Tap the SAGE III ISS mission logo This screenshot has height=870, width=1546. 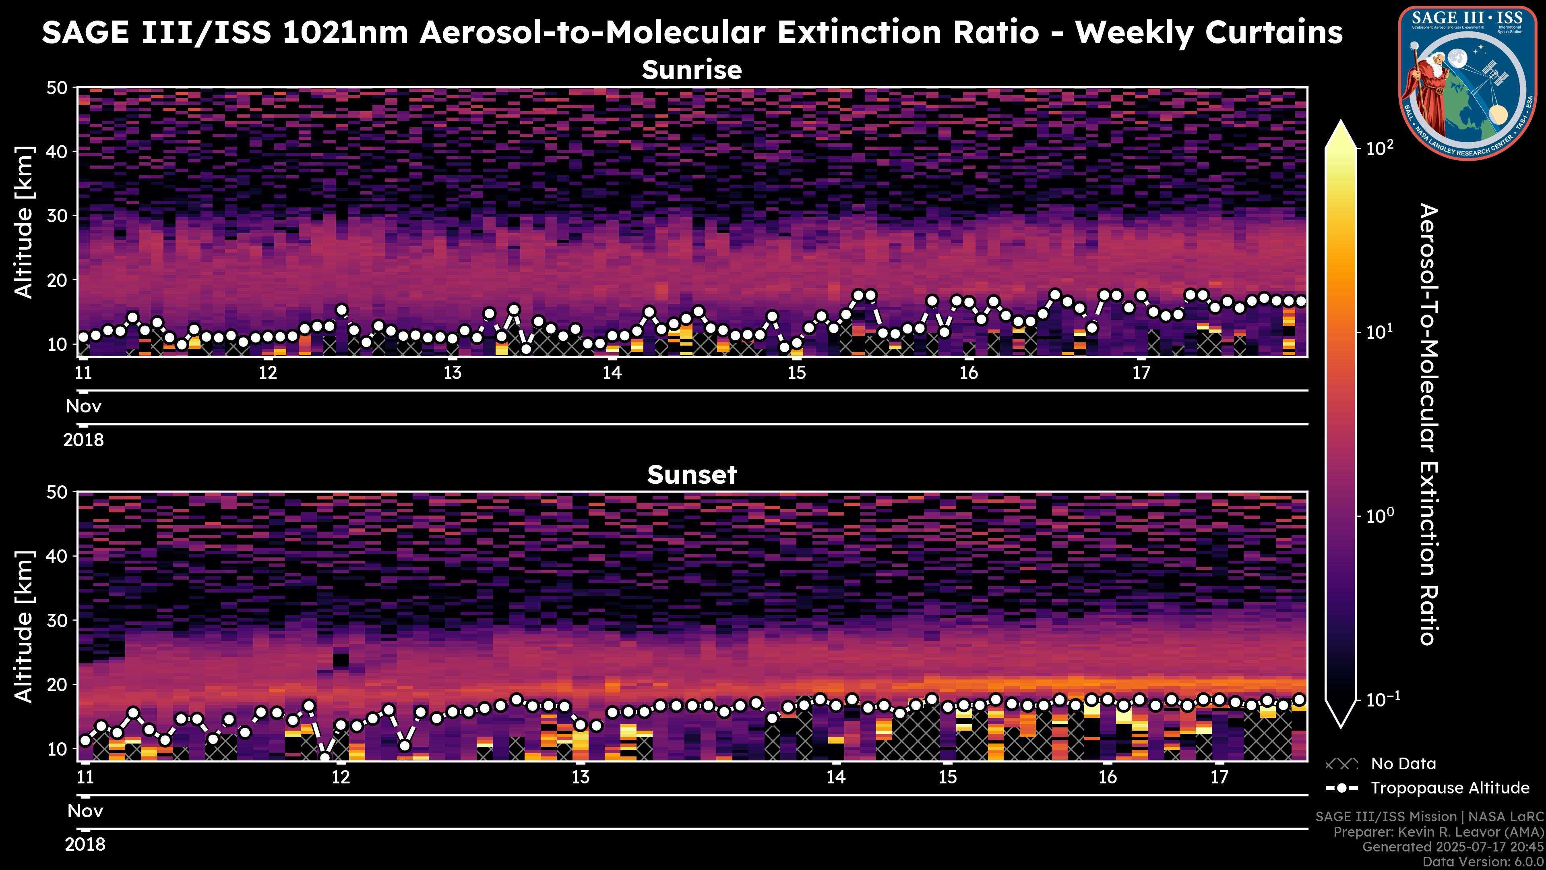[1468, 82]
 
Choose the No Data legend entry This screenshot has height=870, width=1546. [1403, 764]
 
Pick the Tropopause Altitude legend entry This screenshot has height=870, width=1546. [1449, 788]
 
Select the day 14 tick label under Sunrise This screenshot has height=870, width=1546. [612, 373]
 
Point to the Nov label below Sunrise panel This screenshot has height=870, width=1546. [83, 406]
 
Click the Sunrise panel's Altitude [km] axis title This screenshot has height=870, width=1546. [24, 222]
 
